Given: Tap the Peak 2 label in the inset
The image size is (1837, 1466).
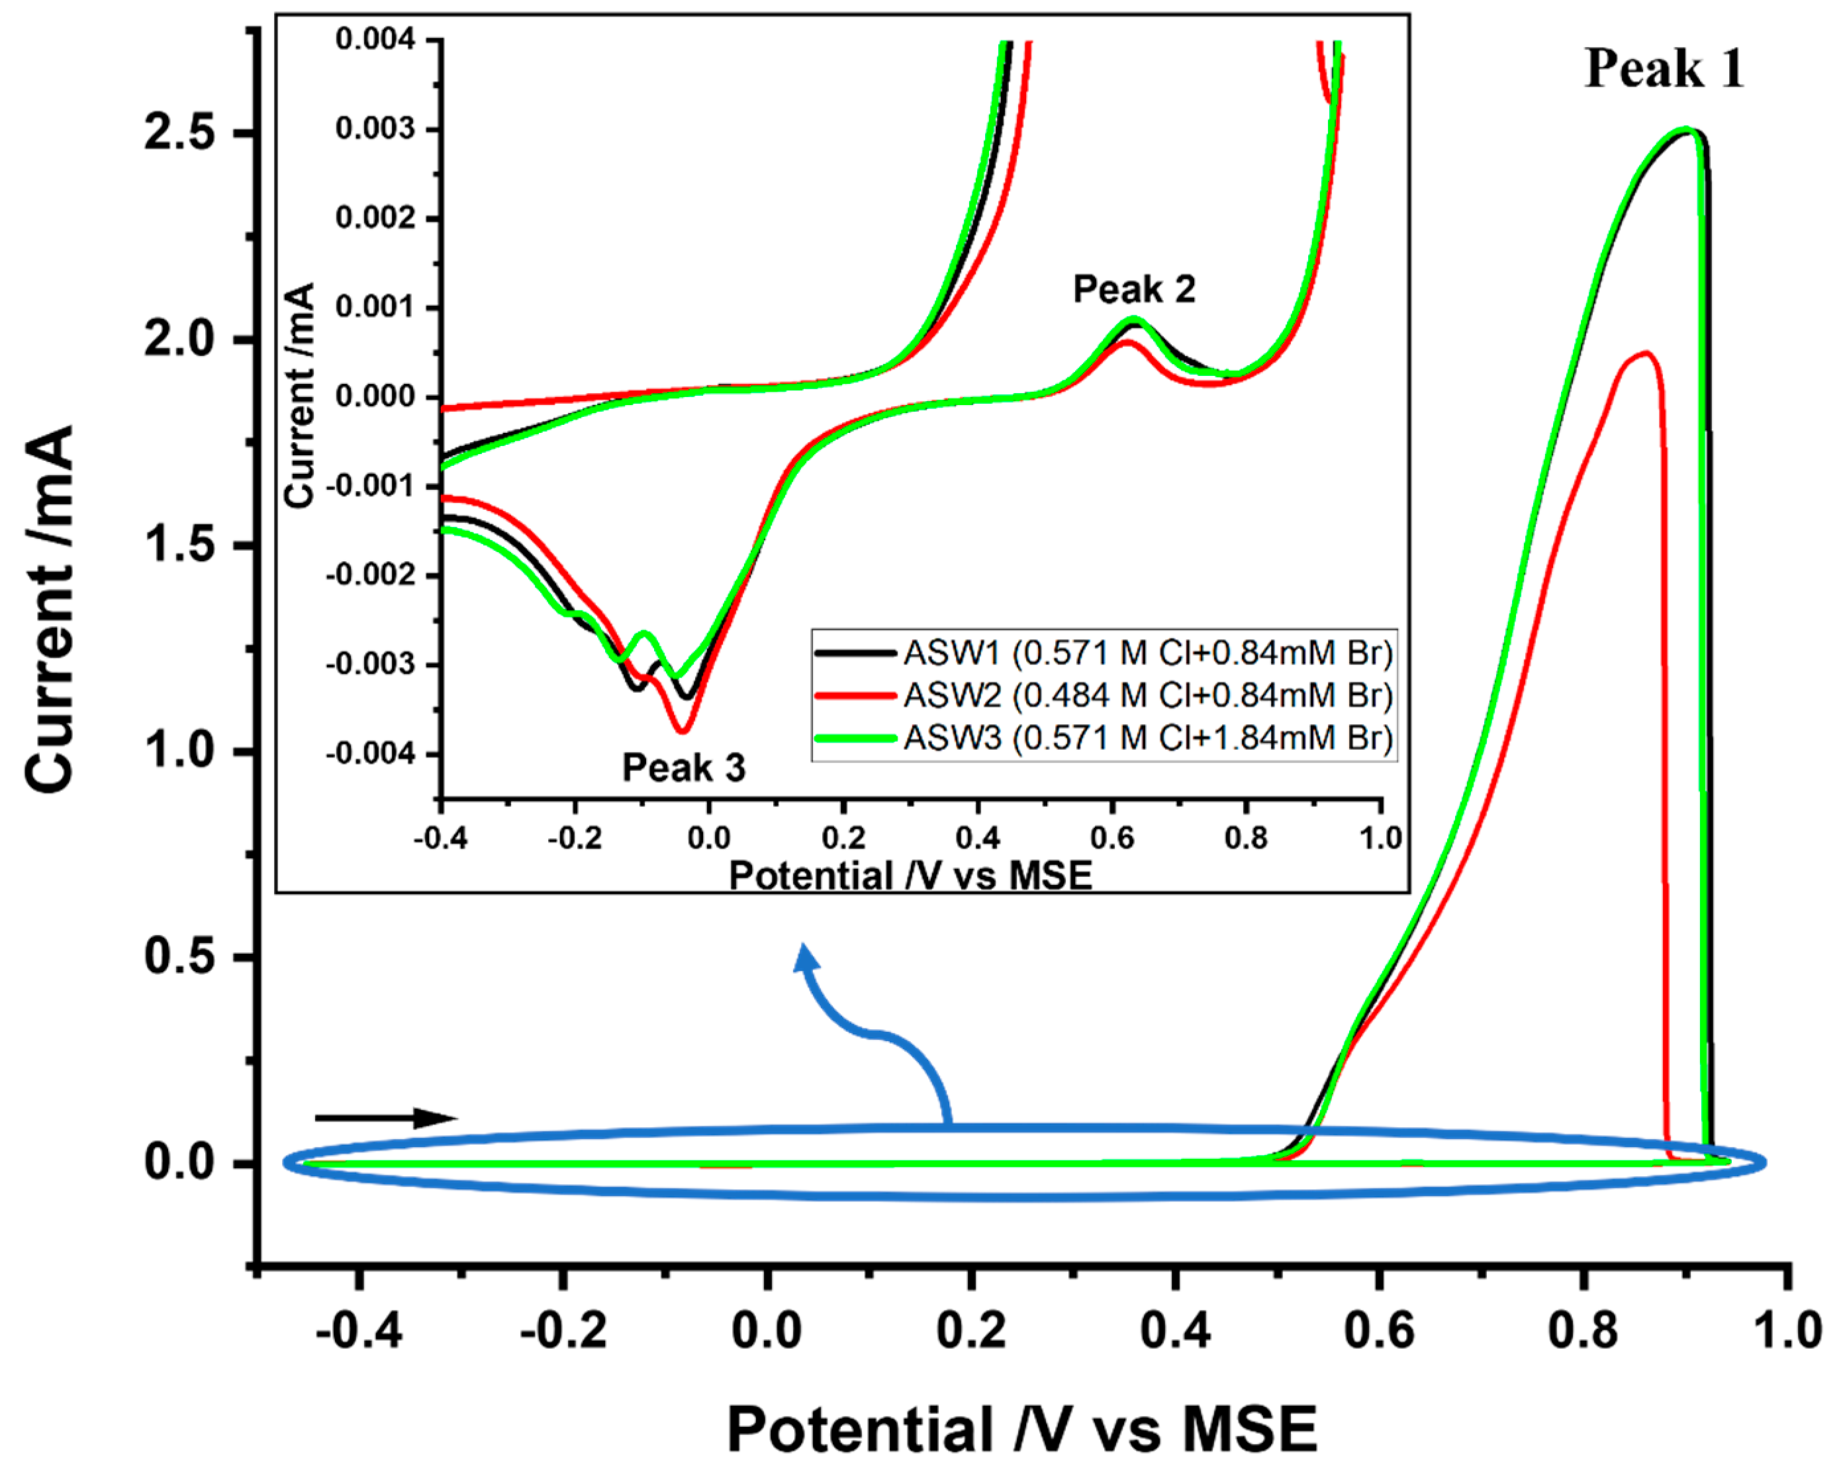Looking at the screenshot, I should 1133,290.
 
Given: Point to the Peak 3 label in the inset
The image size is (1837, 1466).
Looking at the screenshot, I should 683,768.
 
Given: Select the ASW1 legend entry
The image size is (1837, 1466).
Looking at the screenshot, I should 1104,653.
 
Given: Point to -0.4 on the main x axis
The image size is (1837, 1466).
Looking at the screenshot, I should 358,1330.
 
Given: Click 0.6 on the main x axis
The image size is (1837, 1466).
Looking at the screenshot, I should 1379,1330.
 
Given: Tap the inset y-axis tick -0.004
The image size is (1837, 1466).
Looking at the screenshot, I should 370,754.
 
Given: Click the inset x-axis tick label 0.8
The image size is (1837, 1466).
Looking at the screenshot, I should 1246,838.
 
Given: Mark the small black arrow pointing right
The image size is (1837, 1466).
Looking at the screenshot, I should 385,1118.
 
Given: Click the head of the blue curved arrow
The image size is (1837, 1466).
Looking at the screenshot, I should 805,958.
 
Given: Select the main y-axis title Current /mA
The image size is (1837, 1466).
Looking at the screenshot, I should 50,609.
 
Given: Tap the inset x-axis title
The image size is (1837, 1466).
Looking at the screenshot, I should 910,876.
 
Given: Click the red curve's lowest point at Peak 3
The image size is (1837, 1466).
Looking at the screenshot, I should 683,730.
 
